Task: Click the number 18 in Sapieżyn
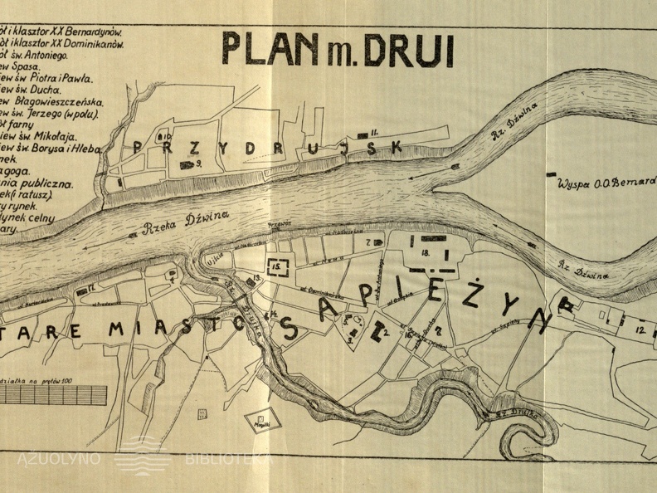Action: point(425,252)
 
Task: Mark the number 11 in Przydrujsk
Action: point(374,131)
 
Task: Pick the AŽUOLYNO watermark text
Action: point(58,458)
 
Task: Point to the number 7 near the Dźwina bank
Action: point(367,242)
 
